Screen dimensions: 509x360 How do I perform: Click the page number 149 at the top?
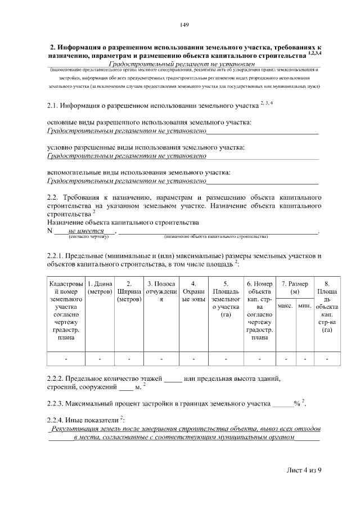coord(183,25)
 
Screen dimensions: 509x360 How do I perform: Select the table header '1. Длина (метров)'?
coord(100,288)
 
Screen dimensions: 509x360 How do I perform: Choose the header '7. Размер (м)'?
coord(294,288)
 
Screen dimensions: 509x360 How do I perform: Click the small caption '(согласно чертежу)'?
coord(84,237)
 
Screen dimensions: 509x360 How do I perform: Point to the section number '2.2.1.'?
coord(57,255)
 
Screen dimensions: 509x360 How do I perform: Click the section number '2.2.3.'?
coord(57,403)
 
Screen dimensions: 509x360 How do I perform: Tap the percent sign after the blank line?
coord(296,403)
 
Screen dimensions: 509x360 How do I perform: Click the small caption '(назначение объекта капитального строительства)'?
coord(216,237)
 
